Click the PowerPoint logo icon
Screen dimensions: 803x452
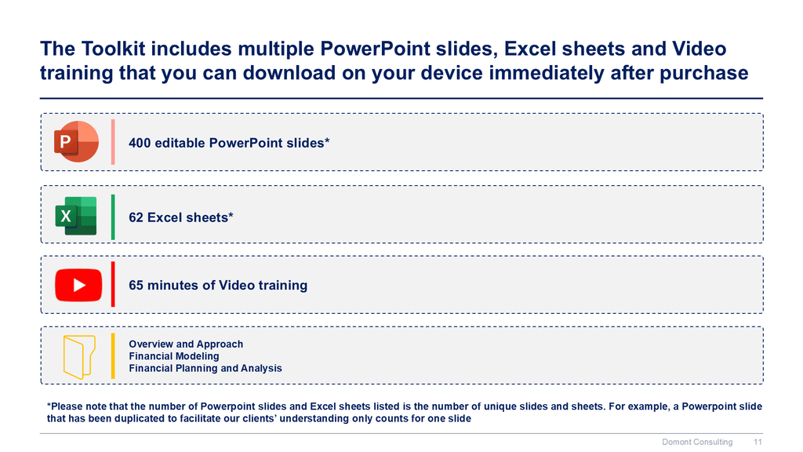tap(76, 141)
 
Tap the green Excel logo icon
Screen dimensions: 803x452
tap(76, 216)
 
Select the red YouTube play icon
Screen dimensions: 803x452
tap(78, 285)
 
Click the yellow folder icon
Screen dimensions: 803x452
tap(79, 357)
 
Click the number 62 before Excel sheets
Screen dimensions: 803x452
tap(136, 217)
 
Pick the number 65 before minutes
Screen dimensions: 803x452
tap(136, 285)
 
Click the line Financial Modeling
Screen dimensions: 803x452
tap(173, 356)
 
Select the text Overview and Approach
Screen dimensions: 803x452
tap(186, 344)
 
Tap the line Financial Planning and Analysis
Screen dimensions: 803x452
tap(205, 369)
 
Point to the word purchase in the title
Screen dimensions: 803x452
tap(703, 74)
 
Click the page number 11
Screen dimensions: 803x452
tap(758, 442)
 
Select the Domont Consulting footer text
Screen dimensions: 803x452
tap(697, 442)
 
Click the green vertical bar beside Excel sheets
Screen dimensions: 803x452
tap(113, 217)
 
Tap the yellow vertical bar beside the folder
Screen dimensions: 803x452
tap(113, 356)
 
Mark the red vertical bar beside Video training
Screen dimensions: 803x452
tap(113, 284)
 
